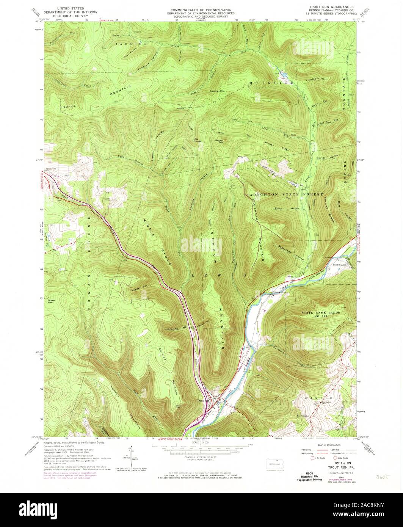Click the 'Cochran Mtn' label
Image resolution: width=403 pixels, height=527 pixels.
pos(218,91)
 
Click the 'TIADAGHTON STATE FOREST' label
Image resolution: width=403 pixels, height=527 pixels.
pos(283,194)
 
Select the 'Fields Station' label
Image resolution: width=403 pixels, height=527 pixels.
pos(340,265)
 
